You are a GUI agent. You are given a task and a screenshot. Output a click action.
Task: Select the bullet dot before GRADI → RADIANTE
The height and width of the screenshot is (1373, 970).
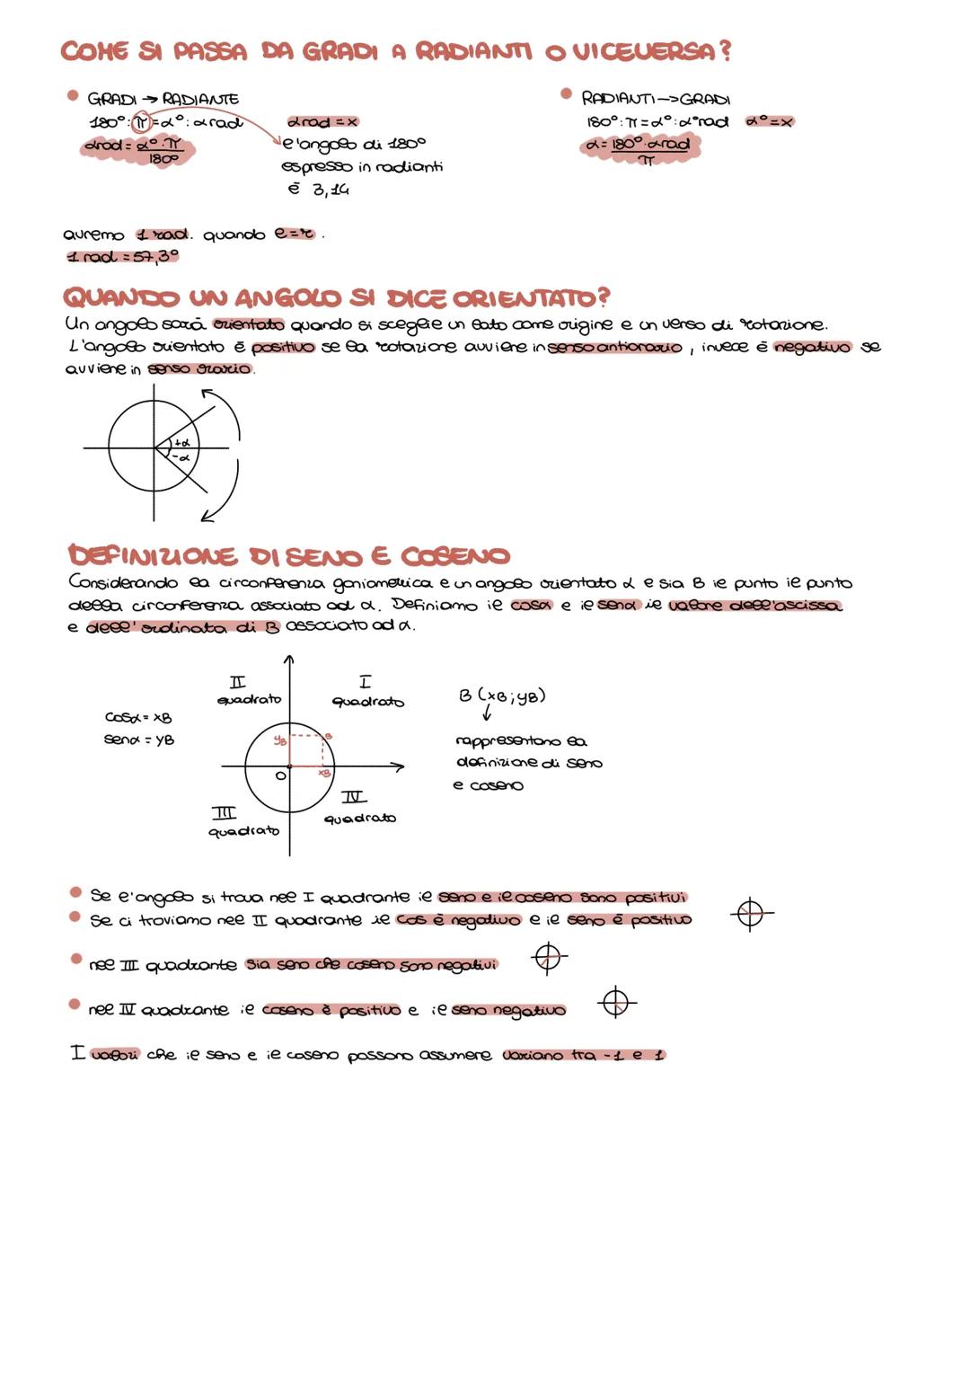[72, 95]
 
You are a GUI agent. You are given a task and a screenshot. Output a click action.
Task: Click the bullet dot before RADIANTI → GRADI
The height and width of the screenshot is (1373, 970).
[566, 93]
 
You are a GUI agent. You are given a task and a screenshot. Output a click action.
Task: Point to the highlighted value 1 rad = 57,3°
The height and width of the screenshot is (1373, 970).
[123, 257]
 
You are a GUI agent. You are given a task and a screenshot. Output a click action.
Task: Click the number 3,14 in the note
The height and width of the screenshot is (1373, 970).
[331, 190]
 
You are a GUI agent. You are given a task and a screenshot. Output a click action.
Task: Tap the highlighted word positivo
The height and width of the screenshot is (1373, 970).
[284, 347]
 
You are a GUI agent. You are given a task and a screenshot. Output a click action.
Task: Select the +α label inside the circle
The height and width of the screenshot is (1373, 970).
[181, 441]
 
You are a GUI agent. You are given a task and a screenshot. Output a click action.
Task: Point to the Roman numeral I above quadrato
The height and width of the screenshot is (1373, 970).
[365, 683]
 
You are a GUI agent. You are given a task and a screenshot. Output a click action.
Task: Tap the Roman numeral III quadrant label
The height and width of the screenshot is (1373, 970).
[224, 813]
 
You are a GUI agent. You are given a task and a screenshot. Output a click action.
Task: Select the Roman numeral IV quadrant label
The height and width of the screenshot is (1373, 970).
[354, 797]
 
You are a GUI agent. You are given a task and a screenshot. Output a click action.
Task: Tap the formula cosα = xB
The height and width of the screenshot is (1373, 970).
[138, 717]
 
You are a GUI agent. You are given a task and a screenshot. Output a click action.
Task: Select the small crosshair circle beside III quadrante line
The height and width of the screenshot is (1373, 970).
[548, 958]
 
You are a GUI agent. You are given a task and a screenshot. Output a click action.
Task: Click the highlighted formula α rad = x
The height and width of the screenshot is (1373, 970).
[322, 121]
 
